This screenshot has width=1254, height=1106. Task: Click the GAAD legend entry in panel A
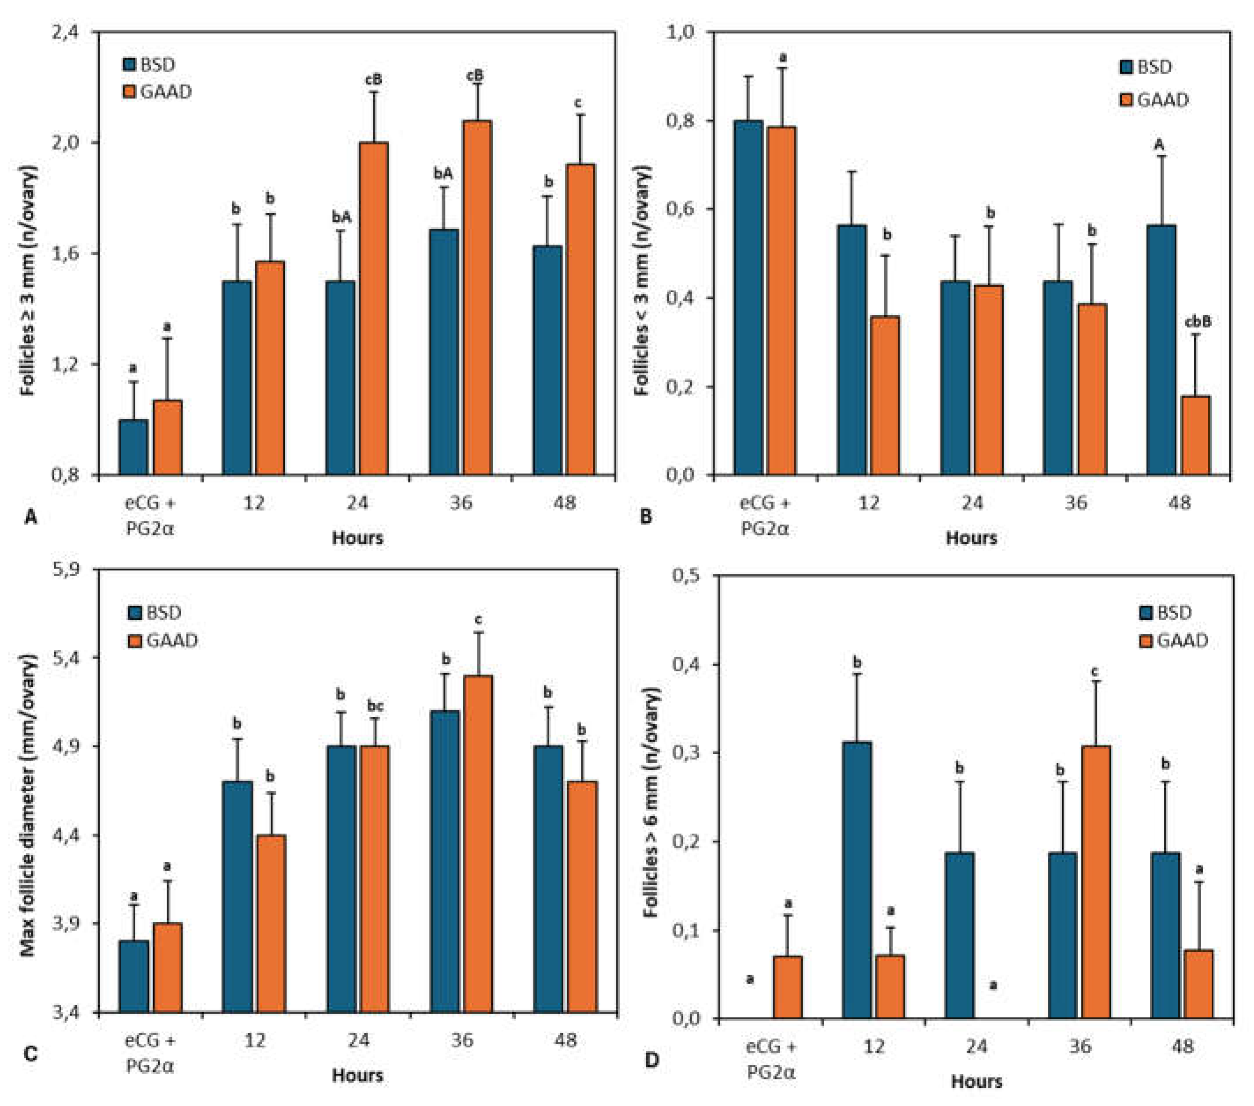158,92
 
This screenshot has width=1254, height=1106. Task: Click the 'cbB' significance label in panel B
1198,321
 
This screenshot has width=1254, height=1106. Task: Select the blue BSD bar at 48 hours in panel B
1161,350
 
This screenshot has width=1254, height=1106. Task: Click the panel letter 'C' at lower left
30,1054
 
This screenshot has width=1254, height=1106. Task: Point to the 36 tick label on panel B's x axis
1075,503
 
